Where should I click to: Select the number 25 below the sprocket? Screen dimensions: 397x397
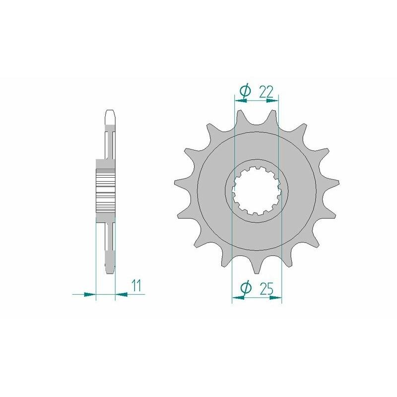click(x=267, y=288)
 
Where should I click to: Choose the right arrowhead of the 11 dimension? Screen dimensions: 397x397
click(x=121, y=294)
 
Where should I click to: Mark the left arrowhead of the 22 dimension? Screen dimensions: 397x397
click(x=239, y=100)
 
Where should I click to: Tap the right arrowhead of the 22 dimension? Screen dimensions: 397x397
click(x=272, y=100)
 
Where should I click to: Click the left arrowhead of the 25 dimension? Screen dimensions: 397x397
click(x=238, y=298)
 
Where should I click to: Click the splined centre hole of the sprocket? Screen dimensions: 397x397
click(x=257, y=192)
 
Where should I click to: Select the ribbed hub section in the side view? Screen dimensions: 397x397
click(x=105, y=191)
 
